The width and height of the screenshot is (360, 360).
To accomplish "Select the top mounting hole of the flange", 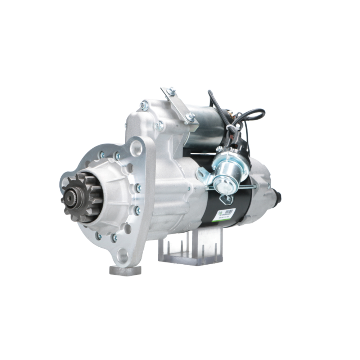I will coord(136,147).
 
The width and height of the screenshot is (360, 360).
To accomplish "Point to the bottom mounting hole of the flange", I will coord(123,255).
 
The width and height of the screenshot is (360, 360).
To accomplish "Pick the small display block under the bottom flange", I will coord(125,270).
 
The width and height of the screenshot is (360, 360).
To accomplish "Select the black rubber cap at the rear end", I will coord(278,197).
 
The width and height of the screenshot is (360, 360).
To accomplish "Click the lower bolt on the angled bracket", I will coord(190,117).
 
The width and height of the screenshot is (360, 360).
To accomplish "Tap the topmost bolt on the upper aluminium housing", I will coord(144,105).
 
